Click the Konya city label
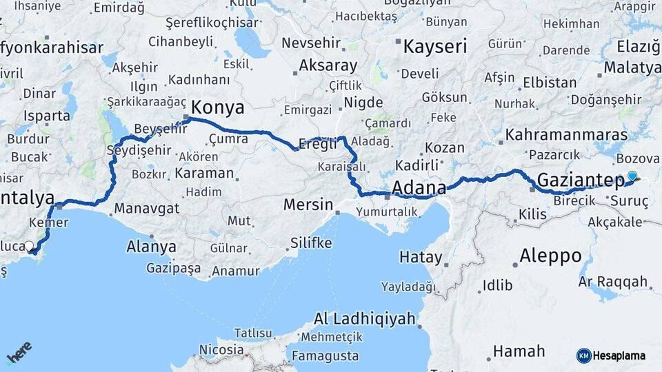click(217, 107)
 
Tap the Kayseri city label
click(434, 47)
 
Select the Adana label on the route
click(419, 187)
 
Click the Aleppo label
click(550, 256)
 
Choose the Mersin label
click(308, 205)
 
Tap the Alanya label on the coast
click(151, 247)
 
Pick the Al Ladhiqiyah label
click(365, 319)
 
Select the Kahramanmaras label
click(566, 134)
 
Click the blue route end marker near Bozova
click(632, 176)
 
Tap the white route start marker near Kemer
click(29, 246)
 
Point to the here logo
click(19, 352)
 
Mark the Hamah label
click(519, 351)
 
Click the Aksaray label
click(328, 67)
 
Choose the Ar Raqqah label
click(613, 281)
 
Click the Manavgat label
click(147, 208)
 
